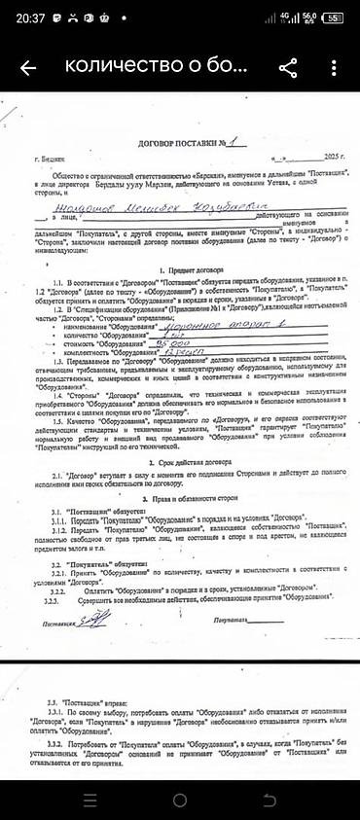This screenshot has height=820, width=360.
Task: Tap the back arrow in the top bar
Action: pyautogui.click(x=28, y=68)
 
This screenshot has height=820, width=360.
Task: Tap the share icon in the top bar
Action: pyautogui.click(x=287, y=67)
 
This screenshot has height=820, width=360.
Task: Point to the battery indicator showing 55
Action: pyautogui.click(x=334, y=17)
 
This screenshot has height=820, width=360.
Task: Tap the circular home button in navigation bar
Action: pyautogui.click(x=180, y=800)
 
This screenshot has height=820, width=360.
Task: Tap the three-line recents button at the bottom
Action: pyautogui.click(x=90, y=800)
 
